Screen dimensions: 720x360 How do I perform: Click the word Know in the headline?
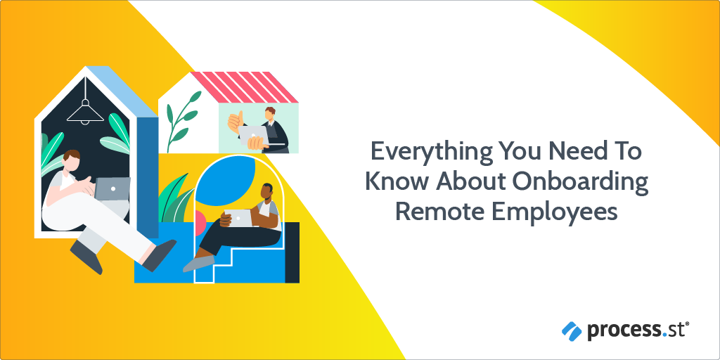pos(396,182)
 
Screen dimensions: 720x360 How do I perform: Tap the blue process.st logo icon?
pos(571,330)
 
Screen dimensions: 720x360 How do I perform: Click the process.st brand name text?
pos(637,330)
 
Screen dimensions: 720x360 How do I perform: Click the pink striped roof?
pos(244,87)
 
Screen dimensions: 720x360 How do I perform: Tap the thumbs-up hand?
pos(236,122)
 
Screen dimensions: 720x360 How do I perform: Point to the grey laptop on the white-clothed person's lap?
pos(112,188)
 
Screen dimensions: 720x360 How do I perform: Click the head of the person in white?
pos(71,162)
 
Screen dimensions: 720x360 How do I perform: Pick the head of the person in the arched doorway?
pos(266,193)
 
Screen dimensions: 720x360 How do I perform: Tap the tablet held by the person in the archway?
pos(238,218)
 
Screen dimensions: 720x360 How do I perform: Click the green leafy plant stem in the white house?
pos(182,121)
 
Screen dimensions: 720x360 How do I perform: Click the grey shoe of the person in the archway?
pos(198,264)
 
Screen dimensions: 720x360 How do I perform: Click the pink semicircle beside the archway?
pos(200,224)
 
